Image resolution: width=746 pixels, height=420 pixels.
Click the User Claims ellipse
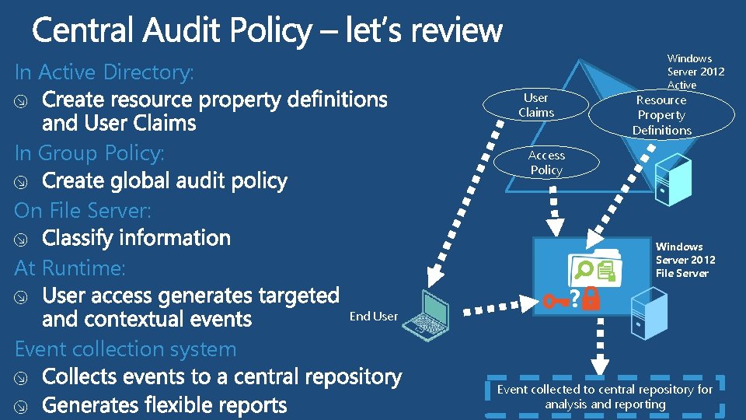coord(535,106)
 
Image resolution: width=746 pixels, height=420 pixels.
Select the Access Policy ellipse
coord(546,163)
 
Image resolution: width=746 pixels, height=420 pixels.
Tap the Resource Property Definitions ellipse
coord(661,115)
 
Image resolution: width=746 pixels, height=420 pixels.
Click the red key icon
coord(557,299)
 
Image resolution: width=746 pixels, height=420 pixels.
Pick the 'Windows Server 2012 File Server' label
coord(685,260)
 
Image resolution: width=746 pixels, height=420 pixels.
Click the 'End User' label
coord(374,316)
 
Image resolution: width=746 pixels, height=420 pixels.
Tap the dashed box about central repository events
coord(605,397)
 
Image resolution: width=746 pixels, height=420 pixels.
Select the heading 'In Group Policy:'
coord(89,152)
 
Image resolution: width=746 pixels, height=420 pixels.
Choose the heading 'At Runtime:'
coord(70,268)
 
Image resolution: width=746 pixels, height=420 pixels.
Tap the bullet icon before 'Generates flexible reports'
coord(23,407)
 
